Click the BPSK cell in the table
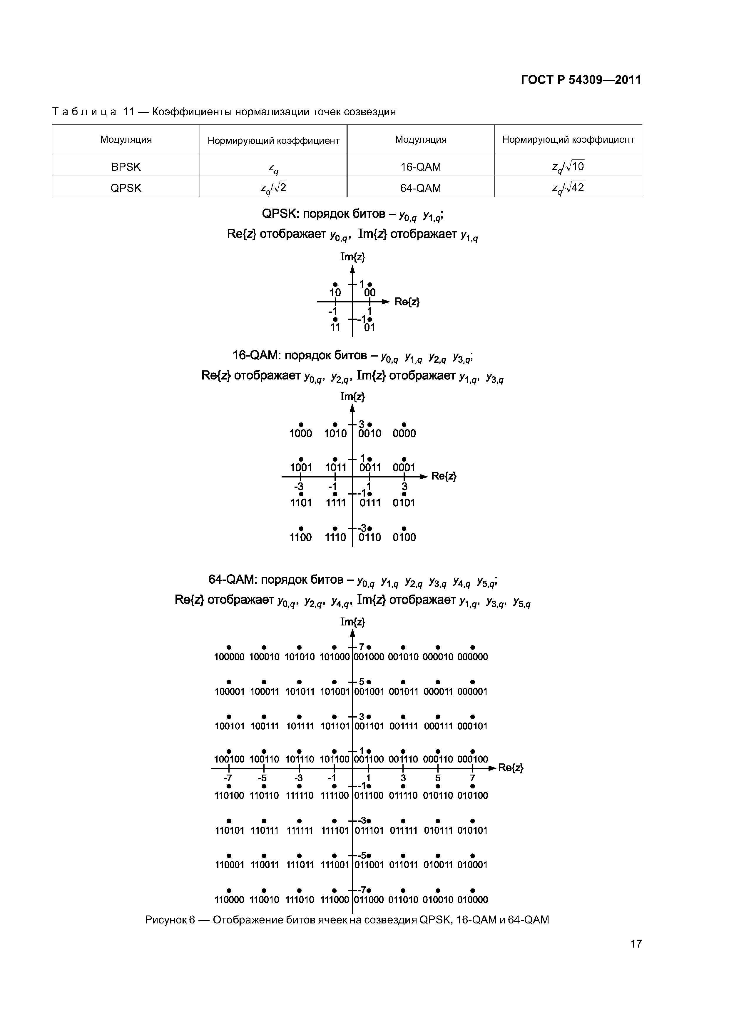[126, 167]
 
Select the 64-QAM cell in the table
[420, 188]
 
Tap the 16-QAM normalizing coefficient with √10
[568, 167]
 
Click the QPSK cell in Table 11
[126, 188]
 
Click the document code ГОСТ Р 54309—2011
[581, 80]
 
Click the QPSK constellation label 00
[370, 293]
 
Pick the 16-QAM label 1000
[300, 433]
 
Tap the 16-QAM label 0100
[404, 537]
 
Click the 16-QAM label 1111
[335, 502]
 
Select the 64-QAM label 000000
[472, 657]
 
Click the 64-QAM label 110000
[229, 899]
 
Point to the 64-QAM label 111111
[300, 830]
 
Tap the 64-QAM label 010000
[472, 899]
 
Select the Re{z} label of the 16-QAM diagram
[444, 476]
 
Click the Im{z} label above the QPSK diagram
[353, 257]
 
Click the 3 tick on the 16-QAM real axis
[404, 487]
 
